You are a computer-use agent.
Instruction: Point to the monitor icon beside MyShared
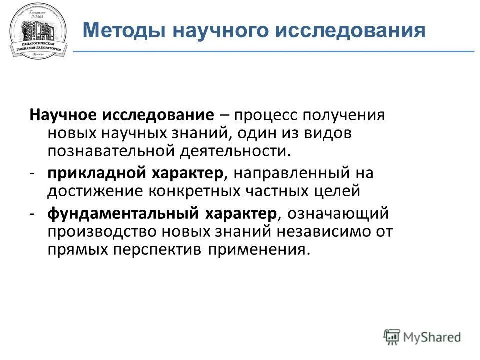392,337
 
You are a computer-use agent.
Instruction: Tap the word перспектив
161,248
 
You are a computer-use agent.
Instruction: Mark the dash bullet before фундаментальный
31,214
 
